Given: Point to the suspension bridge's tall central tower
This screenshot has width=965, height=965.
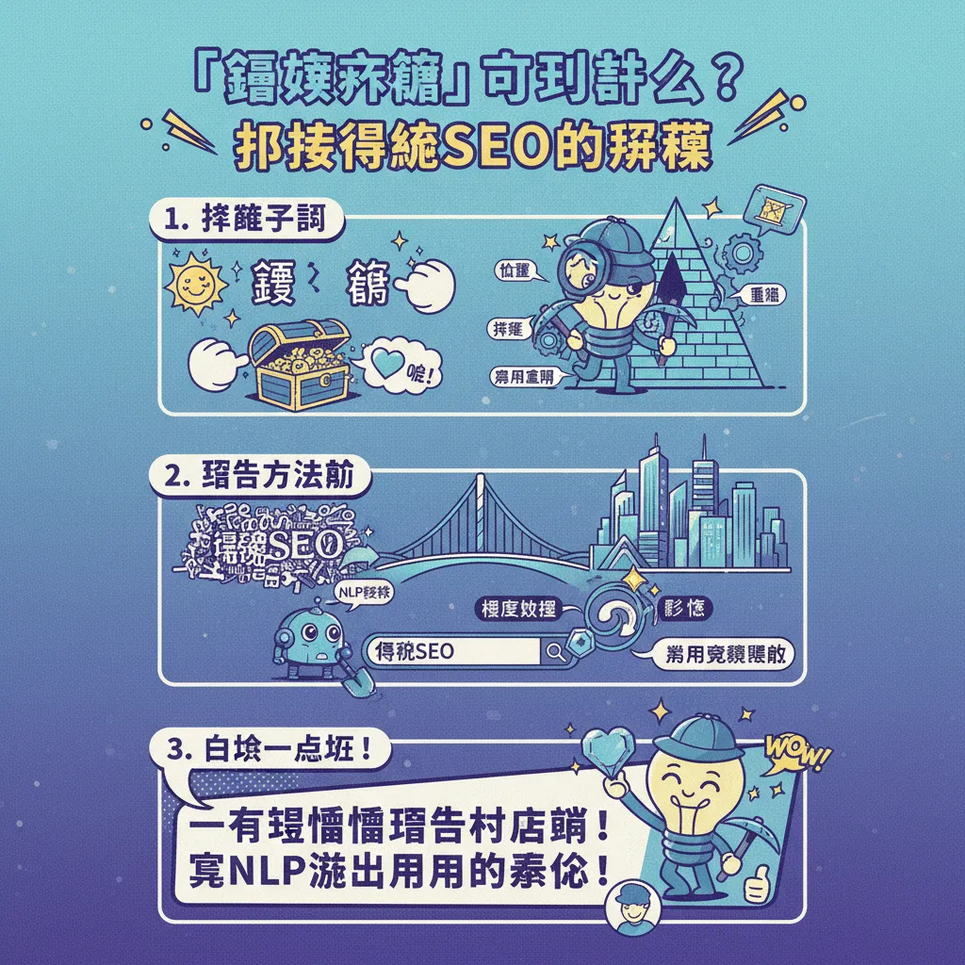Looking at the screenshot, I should tap(482, 514).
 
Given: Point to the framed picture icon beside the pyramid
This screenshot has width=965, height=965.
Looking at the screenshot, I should tap(774, 205).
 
